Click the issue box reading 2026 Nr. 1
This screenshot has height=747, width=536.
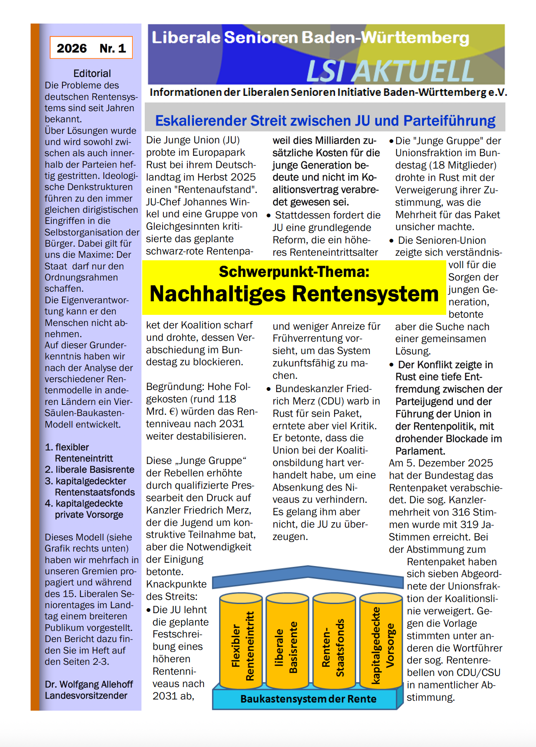[91, 48]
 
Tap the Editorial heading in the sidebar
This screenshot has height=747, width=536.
[92, 74]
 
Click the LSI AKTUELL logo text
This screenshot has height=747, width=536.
[390, 71]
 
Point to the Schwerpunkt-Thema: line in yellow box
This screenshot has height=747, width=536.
[294, 272]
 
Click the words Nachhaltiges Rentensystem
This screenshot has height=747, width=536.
[294, 294]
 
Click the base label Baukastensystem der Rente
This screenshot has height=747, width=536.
[308, 699]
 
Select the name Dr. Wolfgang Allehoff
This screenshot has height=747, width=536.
[89, 684]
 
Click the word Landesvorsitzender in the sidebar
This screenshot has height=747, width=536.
[86, 696]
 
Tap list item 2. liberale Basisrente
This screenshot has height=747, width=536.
[89, 470]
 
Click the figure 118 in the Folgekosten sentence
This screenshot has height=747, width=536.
[227, 399]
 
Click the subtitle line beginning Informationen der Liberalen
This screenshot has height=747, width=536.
[328, 92]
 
